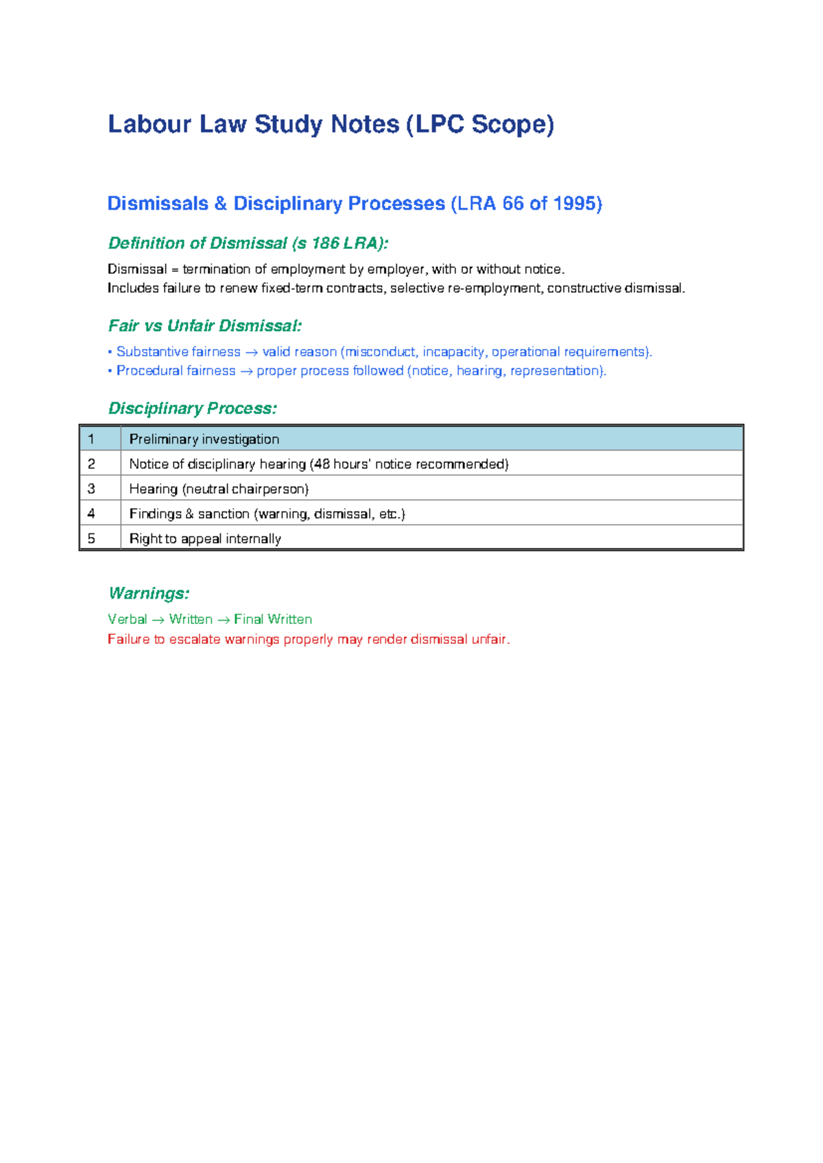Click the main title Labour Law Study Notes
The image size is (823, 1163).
pyautogui.click(x=331, y=124)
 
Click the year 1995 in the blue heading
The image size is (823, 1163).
pyautogui.click(x=575, y=204)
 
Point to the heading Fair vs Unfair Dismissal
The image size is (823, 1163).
pyautogui.click(x=204, y=326)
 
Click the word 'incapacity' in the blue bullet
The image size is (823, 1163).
pyautogui.click(x=453, y=352)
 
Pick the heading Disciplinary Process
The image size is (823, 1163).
pyautogui.click(x=192, y=409)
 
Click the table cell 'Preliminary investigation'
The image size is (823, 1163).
pyautogui.click(x=204, y=439)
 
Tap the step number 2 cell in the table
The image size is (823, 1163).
pyautogui.click(x=91, y=464)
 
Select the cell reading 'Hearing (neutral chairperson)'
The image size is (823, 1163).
pyautogui.click(x=219, y=489)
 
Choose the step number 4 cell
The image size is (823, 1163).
pyautogui.click(x=91, y=514)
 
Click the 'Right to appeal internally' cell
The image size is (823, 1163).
pyautogui.click(x=205, y=539)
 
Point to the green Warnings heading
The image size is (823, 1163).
pyautogui.click(x=148, y=593)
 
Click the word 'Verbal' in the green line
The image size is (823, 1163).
pyautogui.click(x=128, y=619)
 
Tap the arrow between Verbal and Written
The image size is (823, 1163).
pyautogui.click(x=158, y=620)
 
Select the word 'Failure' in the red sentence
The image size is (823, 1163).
pyautogui.click(x=128, y=639)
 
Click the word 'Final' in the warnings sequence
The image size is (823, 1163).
pyautogui.click(x=248, y=619)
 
